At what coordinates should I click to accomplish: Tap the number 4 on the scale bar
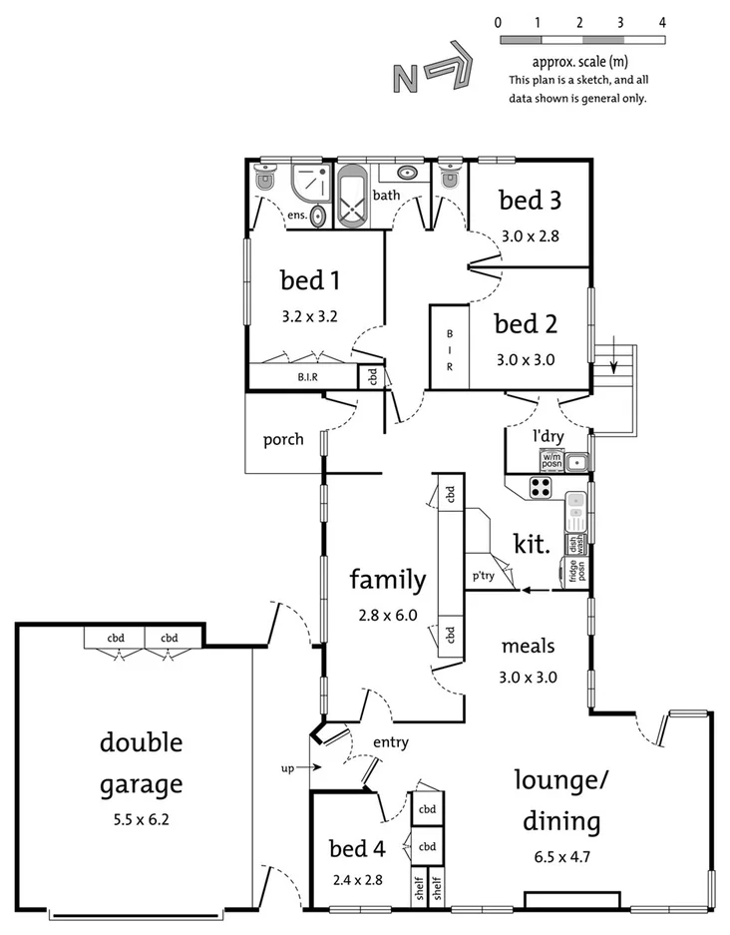662,21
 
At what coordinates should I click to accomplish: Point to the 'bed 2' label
526,324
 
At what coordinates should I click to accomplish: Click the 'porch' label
283,439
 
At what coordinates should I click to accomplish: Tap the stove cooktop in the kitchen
541,488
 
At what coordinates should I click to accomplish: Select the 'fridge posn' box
576,571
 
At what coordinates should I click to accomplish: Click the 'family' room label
387,580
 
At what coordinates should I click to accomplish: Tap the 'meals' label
528,646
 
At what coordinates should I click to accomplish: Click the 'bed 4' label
357,849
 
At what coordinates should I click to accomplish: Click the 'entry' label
390,742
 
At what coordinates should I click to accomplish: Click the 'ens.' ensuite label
296,215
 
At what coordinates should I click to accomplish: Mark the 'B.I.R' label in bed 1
307,378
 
